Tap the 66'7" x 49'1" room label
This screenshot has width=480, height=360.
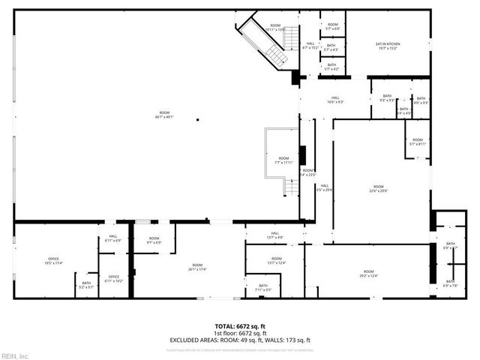click(x=164, y=114)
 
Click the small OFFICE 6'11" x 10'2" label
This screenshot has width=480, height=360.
click(x=114, y=278)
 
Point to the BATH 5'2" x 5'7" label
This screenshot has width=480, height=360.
click(x=86, y=285)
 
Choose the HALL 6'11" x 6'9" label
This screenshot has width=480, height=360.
click(x=113, y=239)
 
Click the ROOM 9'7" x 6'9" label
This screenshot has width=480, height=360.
click(x=154, y=241)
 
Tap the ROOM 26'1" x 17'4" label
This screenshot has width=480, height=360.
click(x=197, y=267)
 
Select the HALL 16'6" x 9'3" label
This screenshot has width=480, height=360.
click(x=334, y=100)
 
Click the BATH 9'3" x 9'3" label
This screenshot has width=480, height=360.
click(x=387, y=98)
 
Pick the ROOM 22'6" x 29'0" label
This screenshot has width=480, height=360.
click(x=379, y=188)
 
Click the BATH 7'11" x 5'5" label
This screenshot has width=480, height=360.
click(x=263, y=287)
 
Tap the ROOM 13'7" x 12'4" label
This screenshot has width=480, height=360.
click(x=276, y=261)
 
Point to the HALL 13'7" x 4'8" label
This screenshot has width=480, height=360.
click(x=274, y=235)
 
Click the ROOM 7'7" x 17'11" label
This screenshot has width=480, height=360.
click(x=283, y=160)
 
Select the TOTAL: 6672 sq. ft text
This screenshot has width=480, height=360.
click(x=240, y=326)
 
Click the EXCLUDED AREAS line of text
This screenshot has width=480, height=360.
click(x=240, y=340)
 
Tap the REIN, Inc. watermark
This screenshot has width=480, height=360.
click(x=15, y=355)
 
